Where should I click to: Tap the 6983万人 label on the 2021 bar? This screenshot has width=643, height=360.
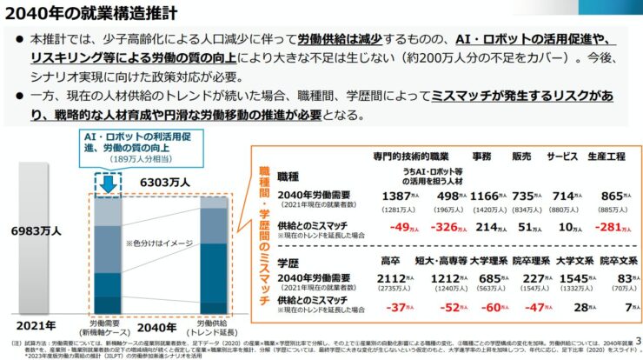pos(36,231)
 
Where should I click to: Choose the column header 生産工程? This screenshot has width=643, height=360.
pos(607,156)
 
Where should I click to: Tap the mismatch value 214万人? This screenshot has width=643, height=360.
pos(492,227)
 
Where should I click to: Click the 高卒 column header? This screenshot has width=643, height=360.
pos(390,260)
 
